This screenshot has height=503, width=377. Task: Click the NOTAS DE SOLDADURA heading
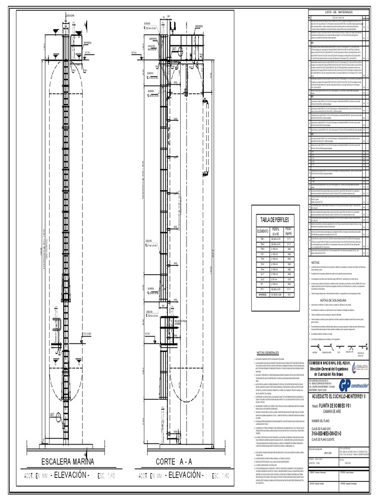pyautogui.click(x=333, y=300)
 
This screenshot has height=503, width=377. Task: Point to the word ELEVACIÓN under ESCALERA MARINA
pyautogui.click(x=72, y=475)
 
